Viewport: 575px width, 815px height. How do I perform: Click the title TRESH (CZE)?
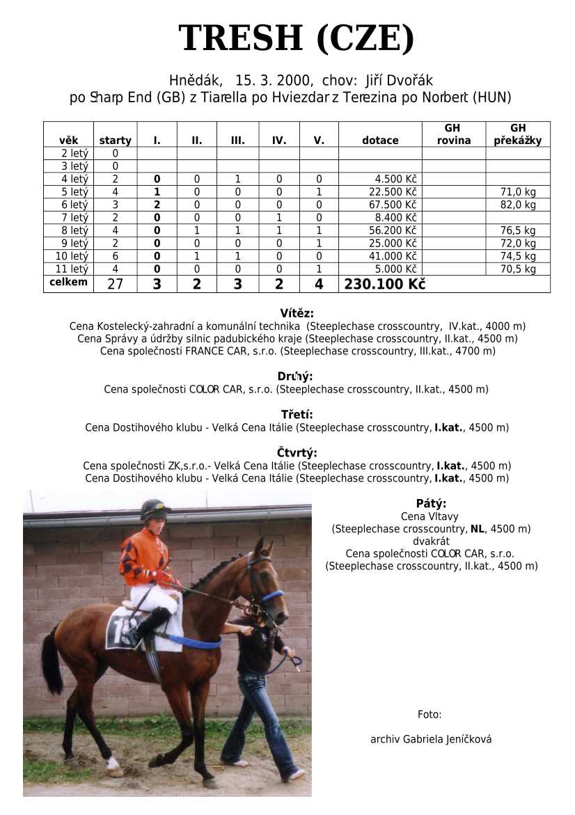[296, 38]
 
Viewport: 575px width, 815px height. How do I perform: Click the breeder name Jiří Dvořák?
[399, 81]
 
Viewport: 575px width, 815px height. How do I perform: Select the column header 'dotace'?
[380, 141]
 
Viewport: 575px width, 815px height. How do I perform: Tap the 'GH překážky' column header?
[517, 134]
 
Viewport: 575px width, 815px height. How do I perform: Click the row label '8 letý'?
[68, 230]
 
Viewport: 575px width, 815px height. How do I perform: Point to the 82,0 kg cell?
[518, 205]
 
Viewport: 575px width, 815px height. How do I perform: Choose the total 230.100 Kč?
[384, 284]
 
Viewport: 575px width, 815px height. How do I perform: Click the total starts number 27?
[115, 284]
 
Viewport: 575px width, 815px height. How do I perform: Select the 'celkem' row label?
[68, 282]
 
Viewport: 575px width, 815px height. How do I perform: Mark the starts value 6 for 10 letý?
[115, 256]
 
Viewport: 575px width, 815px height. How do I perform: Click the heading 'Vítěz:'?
[297, 313]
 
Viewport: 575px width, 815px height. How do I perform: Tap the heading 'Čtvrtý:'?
[298, 453]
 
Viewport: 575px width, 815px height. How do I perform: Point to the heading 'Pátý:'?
[431, 504]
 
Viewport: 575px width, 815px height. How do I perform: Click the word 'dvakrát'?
[431, 541]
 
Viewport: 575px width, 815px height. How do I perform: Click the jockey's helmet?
[154, 509]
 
